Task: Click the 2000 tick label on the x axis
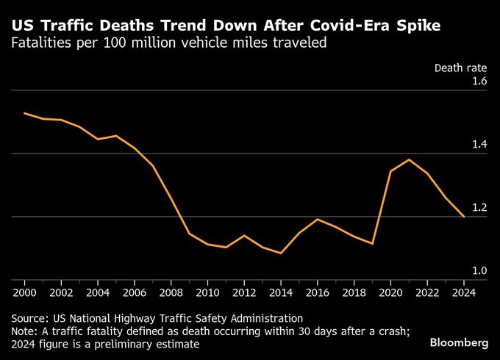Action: tap(25, 292)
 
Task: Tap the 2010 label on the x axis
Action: tap(207, 292)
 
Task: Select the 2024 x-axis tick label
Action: tap(463, 292)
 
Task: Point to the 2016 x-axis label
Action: tap(318, 292)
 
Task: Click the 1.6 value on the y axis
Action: tap(480, 81)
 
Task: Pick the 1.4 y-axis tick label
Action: tap(480, 144)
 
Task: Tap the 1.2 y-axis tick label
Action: tap(480, 208)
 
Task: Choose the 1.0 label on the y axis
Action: tap(480, 271)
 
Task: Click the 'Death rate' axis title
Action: tap(462, 68)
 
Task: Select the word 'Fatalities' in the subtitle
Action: tap(40, 43)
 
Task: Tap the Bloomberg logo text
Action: tap(460, 342)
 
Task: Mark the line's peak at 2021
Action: tap(409, 159)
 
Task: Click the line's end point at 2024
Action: tap(463, 217)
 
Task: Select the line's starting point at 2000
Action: tap(25, 113)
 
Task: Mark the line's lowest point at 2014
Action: tap(281, 253)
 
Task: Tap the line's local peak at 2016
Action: tap(318, 219)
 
